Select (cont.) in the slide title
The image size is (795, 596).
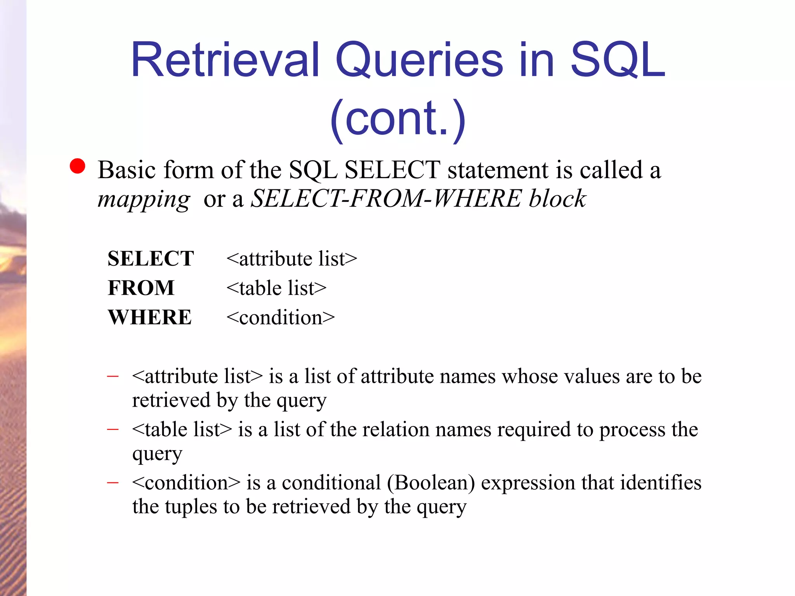(397, 118)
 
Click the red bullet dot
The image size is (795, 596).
(77, 166)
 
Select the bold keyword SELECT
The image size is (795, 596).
(151, 258)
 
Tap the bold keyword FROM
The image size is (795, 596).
(141, 288)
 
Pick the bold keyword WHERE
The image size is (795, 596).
(150, 317)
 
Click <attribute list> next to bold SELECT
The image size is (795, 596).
(292, 259)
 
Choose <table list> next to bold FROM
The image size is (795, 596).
(276, 288)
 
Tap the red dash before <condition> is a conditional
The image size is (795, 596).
(113, 482)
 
